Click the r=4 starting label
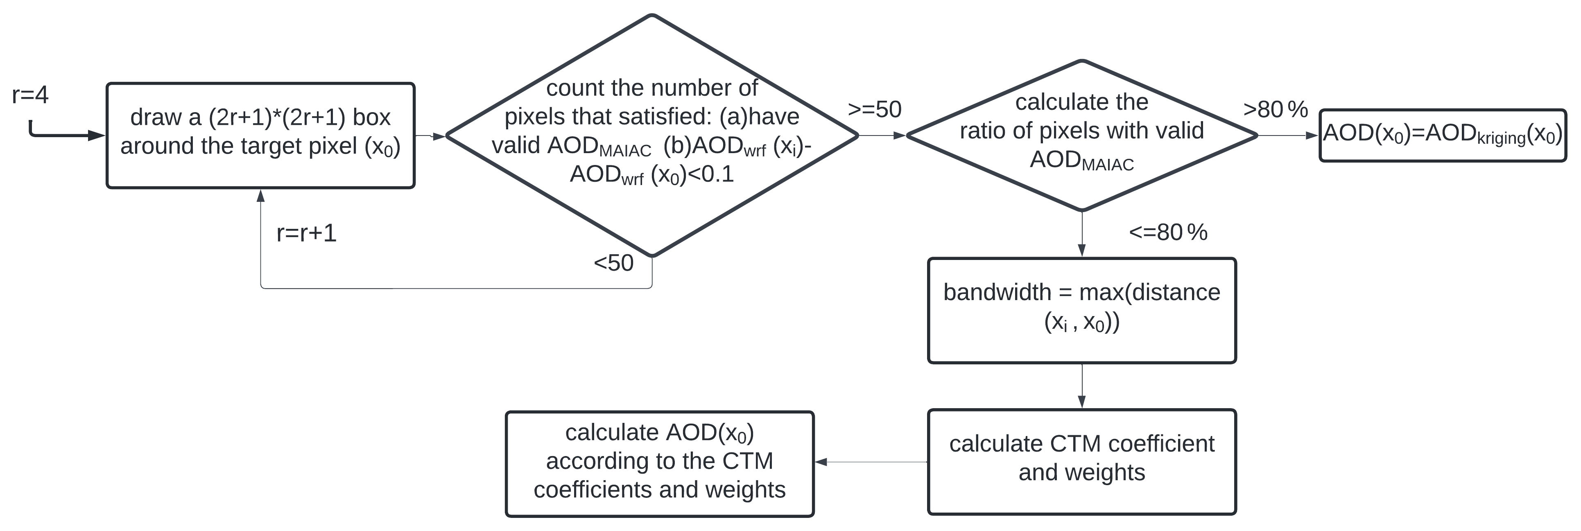[30, 95]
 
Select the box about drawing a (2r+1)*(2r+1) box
[261, 136]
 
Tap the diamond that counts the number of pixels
[652, 135]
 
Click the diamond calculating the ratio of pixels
[1081, 136]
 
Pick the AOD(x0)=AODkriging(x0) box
[1443, 136]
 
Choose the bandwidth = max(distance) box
[1081, 311]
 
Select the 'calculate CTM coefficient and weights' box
[1081, 462]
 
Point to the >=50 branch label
[875, 109]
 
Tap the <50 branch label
[613, 263]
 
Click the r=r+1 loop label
[306, 233]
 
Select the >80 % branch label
[1276, 109]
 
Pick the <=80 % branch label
[1168, 232]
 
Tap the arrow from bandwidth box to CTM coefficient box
[1081, 386]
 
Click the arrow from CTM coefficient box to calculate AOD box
[871, 462]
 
